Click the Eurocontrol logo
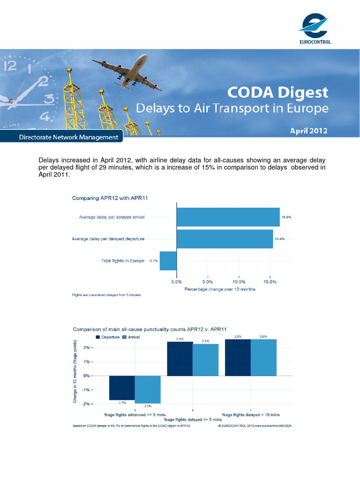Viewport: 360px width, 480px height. click(x=315, y=29)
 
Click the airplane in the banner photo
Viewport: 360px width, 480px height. click(x=127, y=72)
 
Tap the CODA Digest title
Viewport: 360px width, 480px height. click(x=278, y=92)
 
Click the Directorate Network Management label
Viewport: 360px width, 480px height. click(x=68, y=137)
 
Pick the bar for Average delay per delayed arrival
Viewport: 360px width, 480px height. click(x=228, y=217)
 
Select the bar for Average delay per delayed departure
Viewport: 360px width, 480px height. click(x=225, y=239)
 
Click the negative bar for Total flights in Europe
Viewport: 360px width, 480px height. click(x=168, y=261)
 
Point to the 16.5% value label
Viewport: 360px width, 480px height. click(x=286, y=217)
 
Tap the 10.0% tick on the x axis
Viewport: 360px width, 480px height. click(x=239, y=282)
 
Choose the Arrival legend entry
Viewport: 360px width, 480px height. click(x=131, y=337)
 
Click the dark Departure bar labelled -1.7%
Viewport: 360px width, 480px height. click(x=122, y=388)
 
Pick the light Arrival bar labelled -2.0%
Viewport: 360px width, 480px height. click(x=148, y=390)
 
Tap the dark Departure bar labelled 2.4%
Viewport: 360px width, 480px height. click(x=180, y=359)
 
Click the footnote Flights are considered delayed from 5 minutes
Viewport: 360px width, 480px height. click(x=106, y=295)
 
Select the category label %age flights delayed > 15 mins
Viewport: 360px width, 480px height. click(x=251, y=415)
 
